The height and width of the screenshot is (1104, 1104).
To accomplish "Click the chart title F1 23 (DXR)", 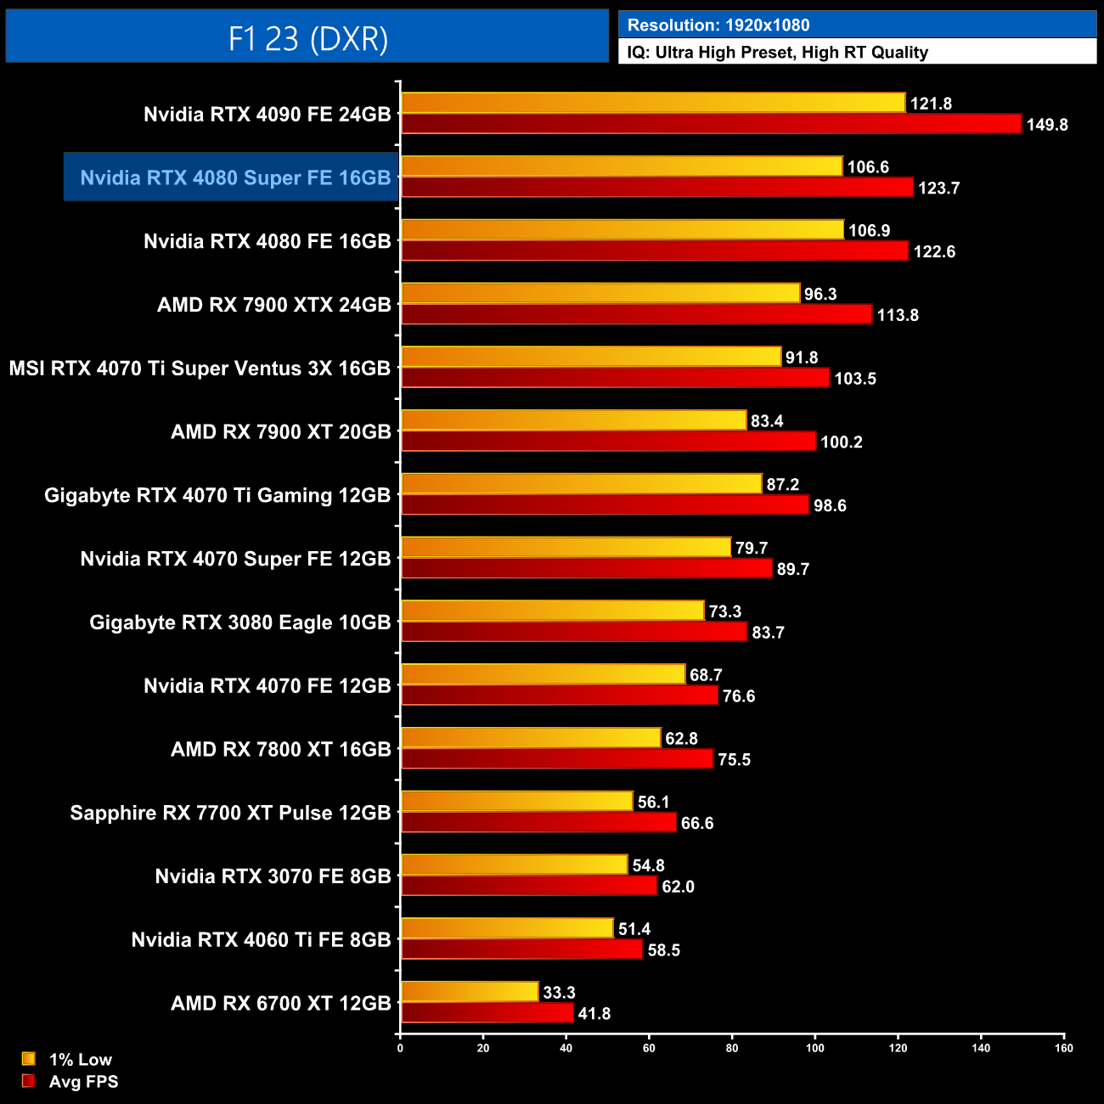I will pos(307,38).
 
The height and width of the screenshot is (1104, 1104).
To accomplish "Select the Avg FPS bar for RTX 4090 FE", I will pos(710,124).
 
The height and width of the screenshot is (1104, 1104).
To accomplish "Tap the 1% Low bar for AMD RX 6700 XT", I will pos(469,992).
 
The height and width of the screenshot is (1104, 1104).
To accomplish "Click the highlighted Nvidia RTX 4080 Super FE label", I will pos(234,177).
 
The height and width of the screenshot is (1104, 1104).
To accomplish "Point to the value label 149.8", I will pos(1047,125).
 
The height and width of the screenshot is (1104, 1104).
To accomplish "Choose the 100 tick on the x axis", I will pos(814,1047).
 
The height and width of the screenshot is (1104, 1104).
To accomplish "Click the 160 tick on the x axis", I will pos(1063,1047).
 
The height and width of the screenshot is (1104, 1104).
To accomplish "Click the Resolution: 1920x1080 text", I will pos(718,25).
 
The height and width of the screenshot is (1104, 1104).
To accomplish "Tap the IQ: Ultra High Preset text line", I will pos(777,53).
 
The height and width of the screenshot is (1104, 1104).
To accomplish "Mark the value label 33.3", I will pos(559,992).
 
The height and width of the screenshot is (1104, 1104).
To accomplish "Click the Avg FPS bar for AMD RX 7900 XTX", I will pos(636,314).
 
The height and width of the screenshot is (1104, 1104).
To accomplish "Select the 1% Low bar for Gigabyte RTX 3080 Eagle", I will pos(552,611).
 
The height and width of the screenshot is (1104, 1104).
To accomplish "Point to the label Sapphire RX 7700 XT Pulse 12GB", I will pos(230,813).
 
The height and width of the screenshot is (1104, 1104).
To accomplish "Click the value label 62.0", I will pos(678,887).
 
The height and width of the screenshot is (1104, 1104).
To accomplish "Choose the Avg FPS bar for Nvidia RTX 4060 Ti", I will pos(521,949).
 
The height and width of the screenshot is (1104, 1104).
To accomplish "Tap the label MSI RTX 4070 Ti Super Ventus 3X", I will pos(200,368).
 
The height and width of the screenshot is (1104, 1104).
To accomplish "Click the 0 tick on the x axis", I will pos(400,1047).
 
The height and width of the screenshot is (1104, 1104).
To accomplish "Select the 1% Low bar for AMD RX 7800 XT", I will pos(530,738).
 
